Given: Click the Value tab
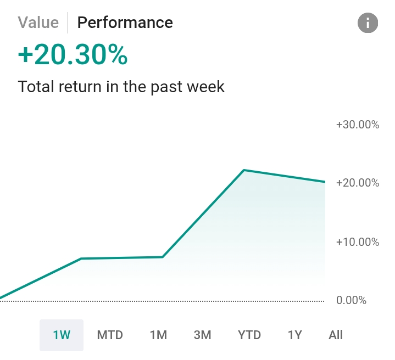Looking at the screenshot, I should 38,22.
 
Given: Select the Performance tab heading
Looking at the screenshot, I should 125,22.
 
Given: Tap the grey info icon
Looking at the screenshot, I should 368,23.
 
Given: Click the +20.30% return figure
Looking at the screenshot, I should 73,55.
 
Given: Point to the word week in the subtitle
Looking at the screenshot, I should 204,87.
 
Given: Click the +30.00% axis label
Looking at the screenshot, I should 357,125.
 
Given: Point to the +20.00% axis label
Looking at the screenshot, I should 357,183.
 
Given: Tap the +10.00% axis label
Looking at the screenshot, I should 357,241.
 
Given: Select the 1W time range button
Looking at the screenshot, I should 62,335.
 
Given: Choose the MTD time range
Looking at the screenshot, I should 110,335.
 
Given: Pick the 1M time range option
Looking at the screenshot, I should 158,335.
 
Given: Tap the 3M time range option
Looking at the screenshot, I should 203,335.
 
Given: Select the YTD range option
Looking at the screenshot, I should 249,335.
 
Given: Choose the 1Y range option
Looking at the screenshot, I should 295,335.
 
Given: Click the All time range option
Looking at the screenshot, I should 335,335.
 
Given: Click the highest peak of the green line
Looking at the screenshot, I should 243,170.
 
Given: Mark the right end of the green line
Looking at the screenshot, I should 324,182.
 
